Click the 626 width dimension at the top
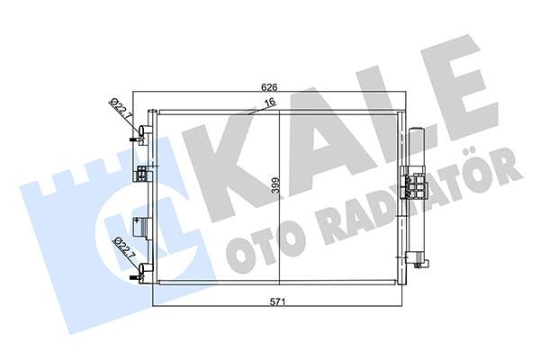pos(268,88)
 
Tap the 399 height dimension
pos(274,187)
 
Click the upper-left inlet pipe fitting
pos(138,138)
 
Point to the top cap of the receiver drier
pos(416,133)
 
